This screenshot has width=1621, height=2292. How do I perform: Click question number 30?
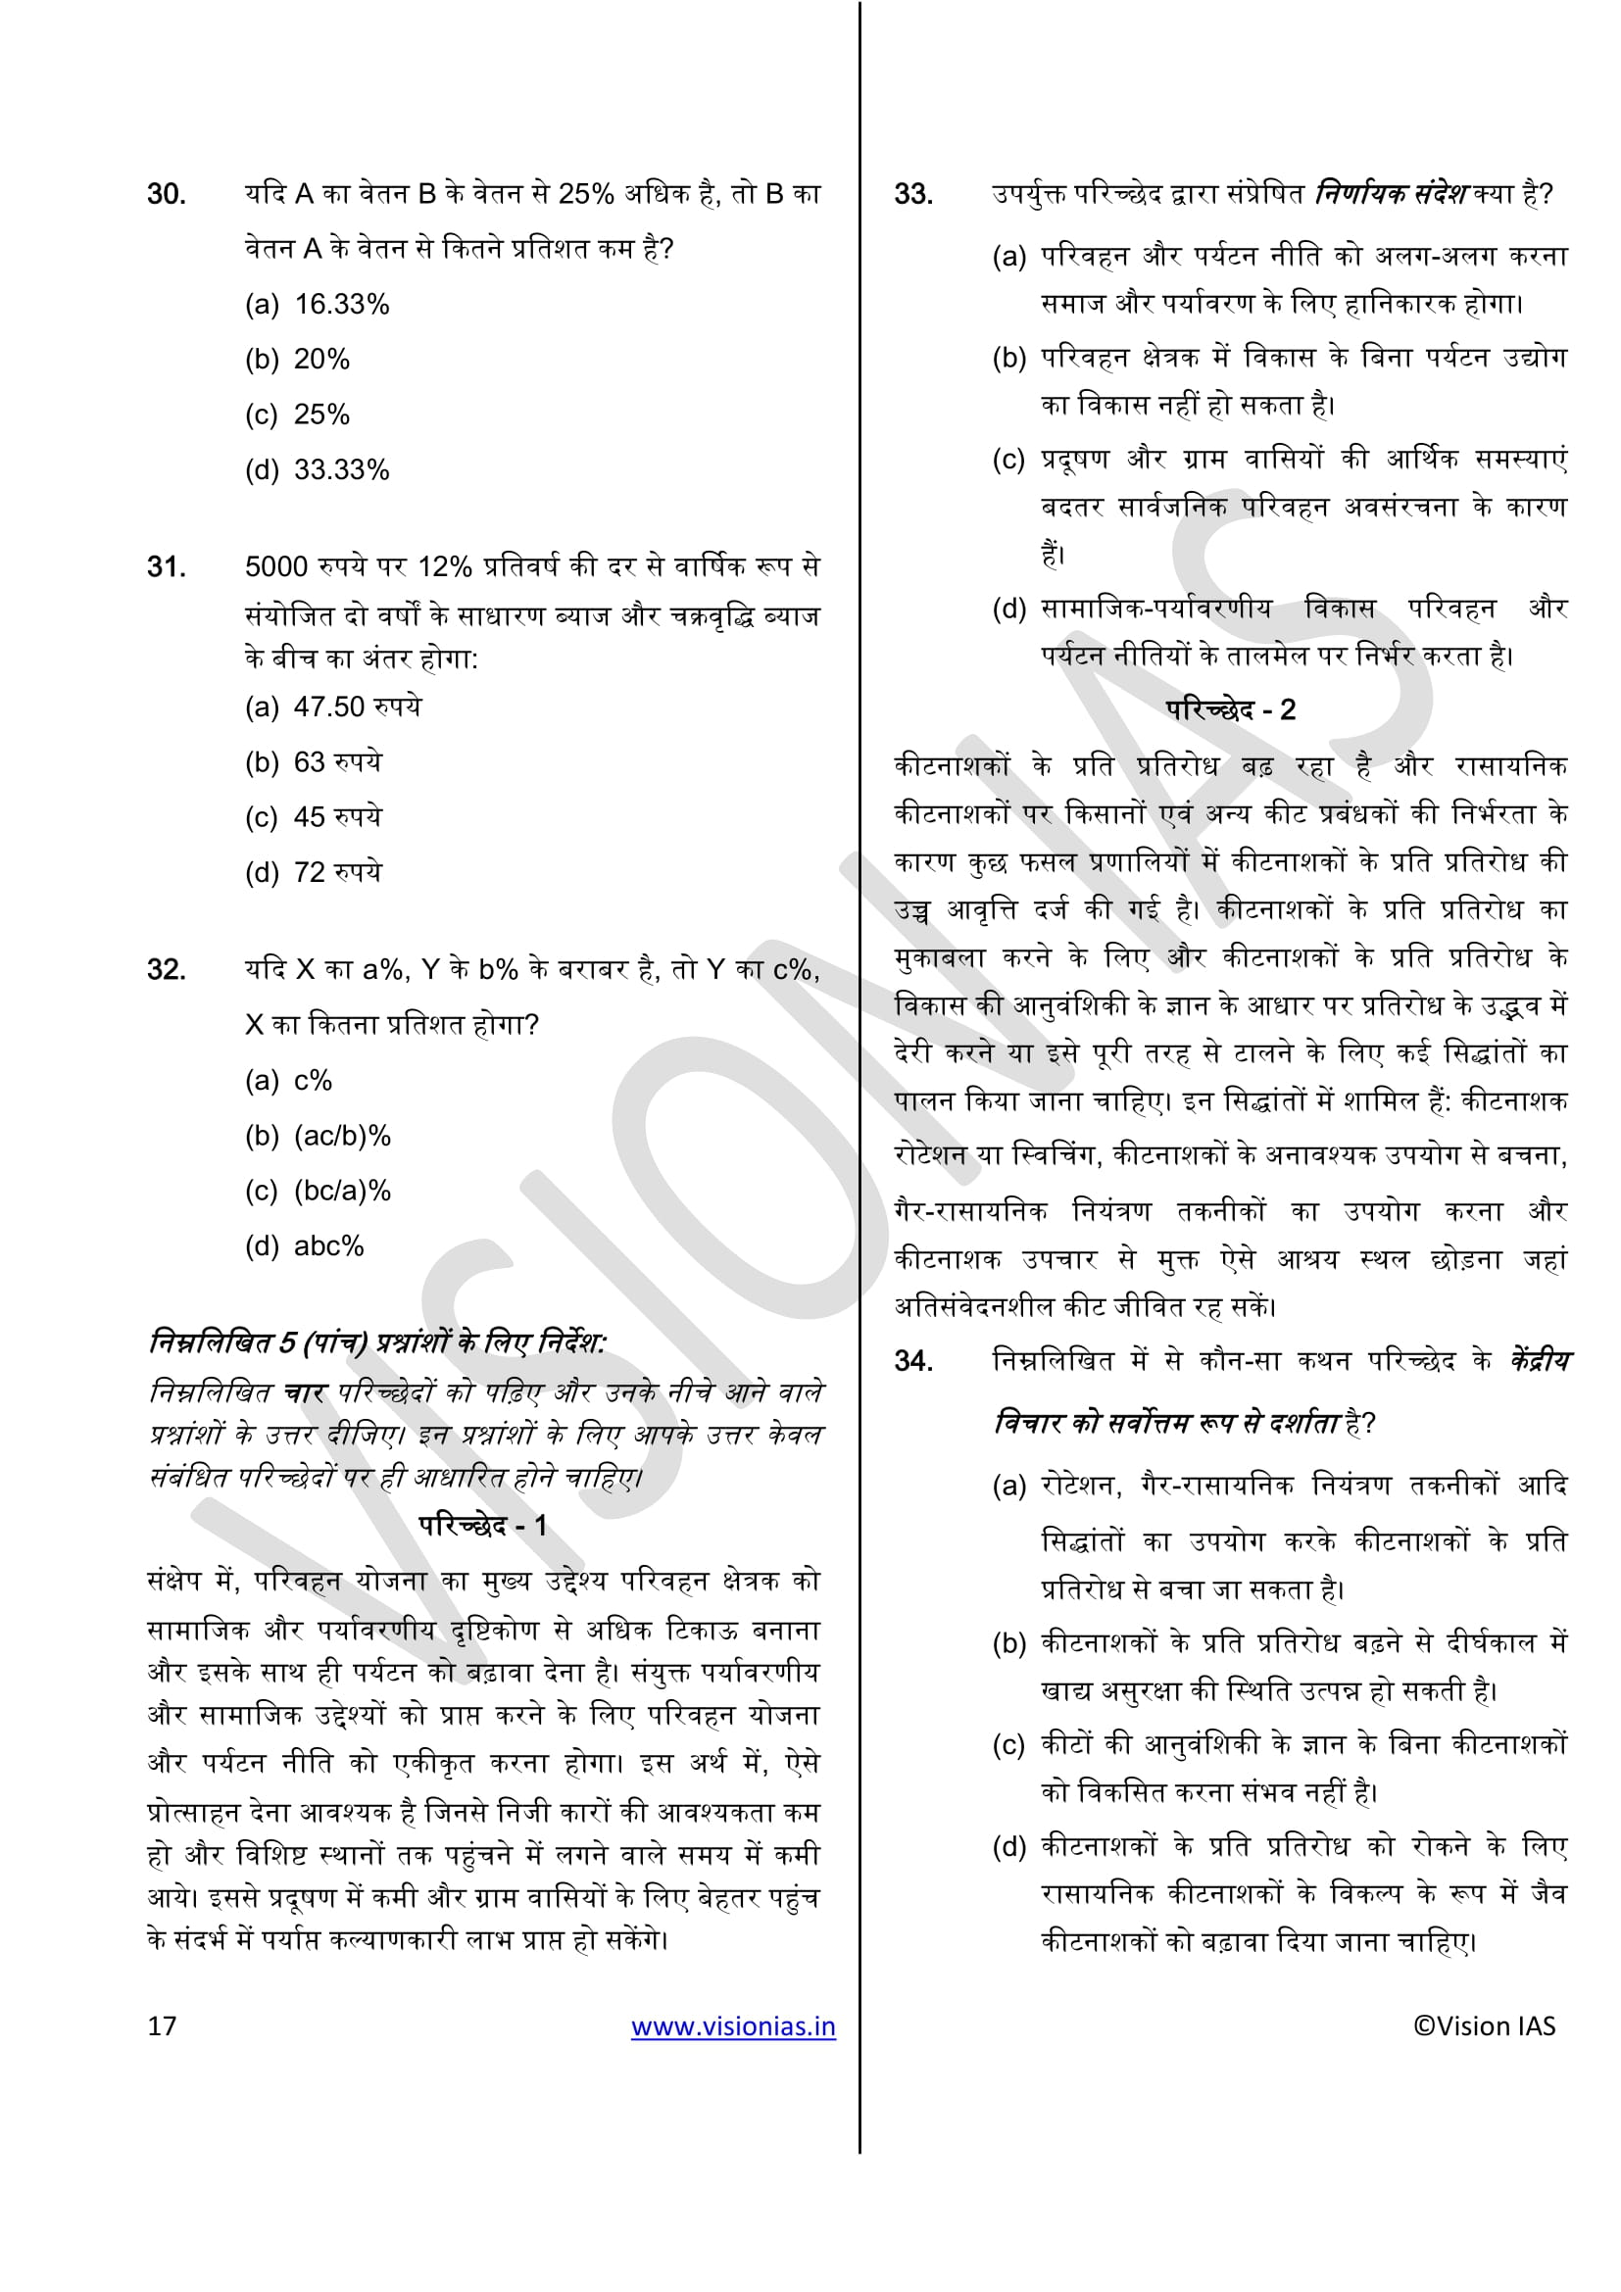(x=167, y=194)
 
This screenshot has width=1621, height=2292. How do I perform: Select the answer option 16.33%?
(x=340, y=305)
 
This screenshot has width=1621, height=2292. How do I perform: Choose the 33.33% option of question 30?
(x=340, y=470)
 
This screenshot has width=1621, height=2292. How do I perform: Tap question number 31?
(x=167, y=567)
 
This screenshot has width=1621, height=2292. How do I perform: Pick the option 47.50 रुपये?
(x=357, y=707)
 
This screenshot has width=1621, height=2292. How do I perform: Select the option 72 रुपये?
(x=336, y=872)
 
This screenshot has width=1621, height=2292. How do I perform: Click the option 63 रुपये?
(x=336, y=762)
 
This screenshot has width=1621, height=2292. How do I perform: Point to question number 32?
(x=167, y=969)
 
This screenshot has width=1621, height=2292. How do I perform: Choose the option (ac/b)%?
(x=341, y=1136)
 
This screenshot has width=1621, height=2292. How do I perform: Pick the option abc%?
(x=328, y=1245)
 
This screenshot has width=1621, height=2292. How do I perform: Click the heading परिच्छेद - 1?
(x=482, y=1526)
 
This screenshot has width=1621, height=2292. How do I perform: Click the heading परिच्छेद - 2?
(x=1230, y=709)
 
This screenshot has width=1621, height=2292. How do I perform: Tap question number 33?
(x=913, y=194)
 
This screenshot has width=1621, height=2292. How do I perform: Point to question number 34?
(x=913, y=1361)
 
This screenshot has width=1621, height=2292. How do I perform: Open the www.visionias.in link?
(x=733, y=2025)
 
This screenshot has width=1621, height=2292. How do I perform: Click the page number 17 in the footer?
(x=162, y=2025)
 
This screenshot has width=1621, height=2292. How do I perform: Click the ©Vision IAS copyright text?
(x=1483, y=2025)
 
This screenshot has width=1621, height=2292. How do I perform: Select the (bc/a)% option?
(x=341, y=1191)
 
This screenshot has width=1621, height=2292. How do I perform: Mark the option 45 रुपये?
(x=336, y=817)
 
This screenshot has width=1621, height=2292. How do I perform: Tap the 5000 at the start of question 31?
(x=276, y=567)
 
